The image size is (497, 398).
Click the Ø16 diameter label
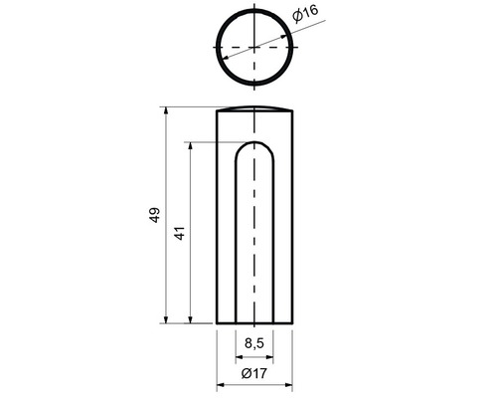click(x=305, y=13)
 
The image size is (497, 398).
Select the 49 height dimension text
click(x=154, y=215)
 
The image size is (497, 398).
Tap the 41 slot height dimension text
click(x=180, y=233)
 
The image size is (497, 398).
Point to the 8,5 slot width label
click(x=254, y=343)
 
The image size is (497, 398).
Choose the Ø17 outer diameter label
click(x=253, y=373)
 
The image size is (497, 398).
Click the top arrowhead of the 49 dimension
click(x=166, y=110)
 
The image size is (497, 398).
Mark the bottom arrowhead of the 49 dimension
click(x=166, y=319)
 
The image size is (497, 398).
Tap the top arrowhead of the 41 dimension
click(x=190, y=146)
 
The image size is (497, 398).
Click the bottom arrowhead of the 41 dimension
click(x=190, y=319)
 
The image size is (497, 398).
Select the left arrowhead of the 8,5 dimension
click(x=239, y=357)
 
